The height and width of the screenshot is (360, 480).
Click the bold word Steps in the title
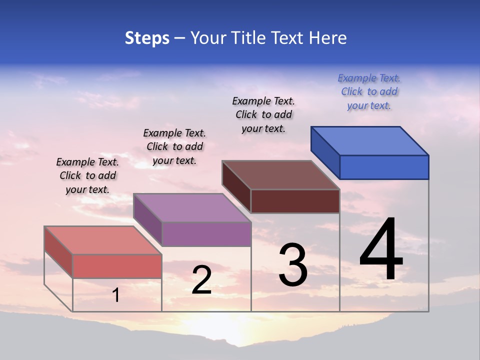point(147,38)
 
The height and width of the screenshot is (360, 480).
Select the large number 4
point(381,249)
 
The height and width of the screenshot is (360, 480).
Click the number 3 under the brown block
point(293,265)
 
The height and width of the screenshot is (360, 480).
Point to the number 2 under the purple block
point(201,280)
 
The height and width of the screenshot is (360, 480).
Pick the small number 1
point(116,295)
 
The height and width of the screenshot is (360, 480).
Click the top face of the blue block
point(370,140)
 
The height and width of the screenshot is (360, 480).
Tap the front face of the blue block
point(384,167)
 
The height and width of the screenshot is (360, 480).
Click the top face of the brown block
point(281,175)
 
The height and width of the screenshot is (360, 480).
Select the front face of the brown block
point(295,201)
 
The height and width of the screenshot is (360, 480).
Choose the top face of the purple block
point(192,207)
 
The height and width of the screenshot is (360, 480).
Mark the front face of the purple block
point(206,234)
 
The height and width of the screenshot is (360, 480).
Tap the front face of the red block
point(117,266)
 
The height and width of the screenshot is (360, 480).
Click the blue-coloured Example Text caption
point(369,91)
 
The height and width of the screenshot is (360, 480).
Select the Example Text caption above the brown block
point(263,114)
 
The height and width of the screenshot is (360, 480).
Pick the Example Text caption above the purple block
point(174,146)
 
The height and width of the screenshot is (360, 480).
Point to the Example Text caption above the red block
point(87,175)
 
